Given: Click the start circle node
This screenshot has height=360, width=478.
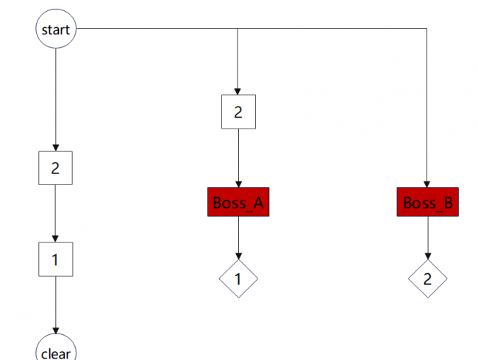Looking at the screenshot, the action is [56, 29].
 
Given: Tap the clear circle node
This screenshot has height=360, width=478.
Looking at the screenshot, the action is [56, 347].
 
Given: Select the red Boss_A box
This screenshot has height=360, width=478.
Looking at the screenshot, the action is [238, 202].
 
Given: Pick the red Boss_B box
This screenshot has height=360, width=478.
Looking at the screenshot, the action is [428, 202].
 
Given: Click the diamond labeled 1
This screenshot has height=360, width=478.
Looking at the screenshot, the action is [238, 278].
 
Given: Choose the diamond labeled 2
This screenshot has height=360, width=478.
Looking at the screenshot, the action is [428, 278].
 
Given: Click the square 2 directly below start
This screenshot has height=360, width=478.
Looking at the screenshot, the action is [55, 168].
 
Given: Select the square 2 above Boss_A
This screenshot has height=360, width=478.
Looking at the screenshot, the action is [238, 112].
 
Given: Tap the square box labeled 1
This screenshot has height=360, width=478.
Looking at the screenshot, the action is [55, 259].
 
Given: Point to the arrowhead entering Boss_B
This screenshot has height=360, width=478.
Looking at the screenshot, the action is [427, 184].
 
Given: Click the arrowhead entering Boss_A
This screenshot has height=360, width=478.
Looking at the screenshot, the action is [239, 184].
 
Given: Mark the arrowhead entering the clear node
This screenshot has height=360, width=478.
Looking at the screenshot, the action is [56, 331].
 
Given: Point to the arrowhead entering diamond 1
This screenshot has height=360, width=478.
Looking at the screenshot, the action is [239, 256].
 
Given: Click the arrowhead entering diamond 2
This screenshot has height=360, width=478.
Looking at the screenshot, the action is [428, 256].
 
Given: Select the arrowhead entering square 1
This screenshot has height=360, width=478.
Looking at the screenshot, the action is [55, 239].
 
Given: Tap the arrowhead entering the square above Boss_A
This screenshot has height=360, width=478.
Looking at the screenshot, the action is [238, 91].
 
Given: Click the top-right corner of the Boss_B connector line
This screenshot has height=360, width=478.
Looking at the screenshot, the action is [427, 29].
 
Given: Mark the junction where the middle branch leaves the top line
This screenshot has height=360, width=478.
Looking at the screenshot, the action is [238, 29].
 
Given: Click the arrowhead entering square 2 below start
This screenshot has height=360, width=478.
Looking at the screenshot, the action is [56, 148].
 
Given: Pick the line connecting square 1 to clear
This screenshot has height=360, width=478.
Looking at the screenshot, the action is [56, 305].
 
